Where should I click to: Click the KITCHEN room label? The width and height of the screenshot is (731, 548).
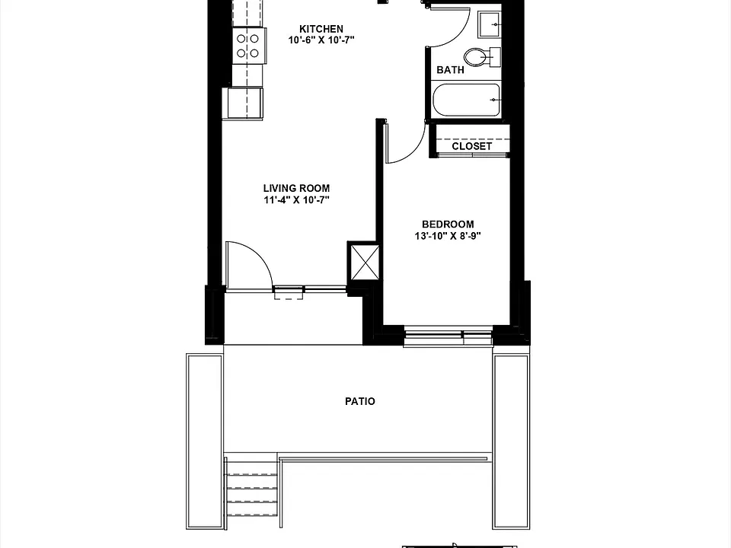(x=321, y=29)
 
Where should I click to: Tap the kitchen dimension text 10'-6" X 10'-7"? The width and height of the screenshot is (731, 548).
(x=321, y=40)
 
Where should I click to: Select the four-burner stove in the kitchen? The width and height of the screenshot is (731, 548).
(x=249, y=46)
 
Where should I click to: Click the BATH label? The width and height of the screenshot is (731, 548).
(x=450, y=70)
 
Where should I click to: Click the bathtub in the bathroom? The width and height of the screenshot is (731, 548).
(x=467, y=100)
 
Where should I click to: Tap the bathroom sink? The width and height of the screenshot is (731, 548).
(x=489, y=24)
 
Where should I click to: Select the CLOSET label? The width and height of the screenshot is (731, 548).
(x=471, y=146)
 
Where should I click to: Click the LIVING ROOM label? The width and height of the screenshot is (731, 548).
(x=296, y=188)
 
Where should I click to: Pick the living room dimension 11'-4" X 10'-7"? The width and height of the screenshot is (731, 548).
(x=296, y=200)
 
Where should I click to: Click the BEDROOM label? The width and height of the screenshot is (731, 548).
(x=448, y=224)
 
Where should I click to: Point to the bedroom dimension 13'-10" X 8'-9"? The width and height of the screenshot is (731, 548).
(x=448, y=236)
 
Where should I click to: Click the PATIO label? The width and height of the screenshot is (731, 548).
(x=360, y=401)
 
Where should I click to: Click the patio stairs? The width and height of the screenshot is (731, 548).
(x=251, y=488)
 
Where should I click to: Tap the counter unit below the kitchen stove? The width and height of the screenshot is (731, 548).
(x=245, y=103)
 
